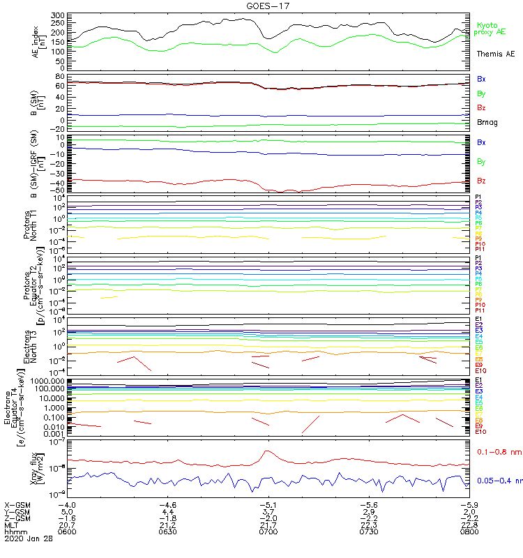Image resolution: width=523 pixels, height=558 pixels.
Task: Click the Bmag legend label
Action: click(487, 123)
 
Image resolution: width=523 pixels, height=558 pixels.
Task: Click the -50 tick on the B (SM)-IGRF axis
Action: click(57, 190)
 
